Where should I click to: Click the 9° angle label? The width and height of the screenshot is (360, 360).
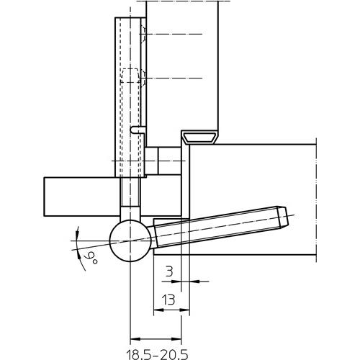91,258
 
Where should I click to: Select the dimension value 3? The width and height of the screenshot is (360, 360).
169,271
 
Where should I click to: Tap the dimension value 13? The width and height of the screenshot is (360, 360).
168,300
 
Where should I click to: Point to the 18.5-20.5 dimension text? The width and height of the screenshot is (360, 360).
157,354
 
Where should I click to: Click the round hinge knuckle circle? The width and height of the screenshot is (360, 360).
130,240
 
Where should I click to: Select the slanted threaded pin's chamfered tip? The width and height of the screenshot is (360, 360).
282,217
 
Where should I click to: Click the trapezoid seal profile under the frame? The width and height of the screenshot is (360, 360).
199,138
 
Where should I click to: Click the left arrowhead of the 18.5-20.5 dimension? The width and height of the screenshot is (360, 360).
135,339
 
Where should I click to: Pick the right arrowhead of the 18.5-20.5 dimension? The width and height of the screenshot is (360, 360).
176,339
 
